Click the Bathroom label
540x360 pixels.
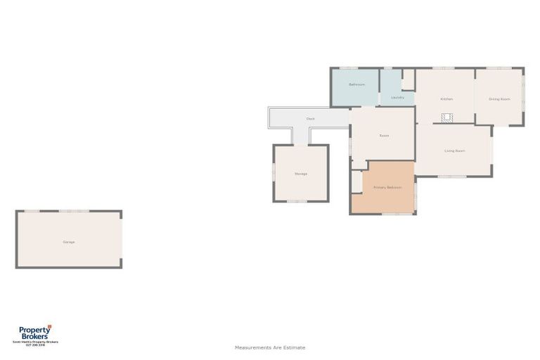tap(356, 85)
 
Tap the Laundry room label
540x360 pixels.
tap(397, 98)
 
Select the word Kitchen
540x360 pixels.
tap(446, 99)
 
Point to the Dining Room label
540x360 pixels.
tap(499, 99)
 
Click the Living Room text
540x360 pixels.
tap(454, 150)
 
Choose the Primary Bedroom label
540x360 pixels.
tap(387, 188)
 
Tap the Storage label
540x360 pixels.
tap(300, 174)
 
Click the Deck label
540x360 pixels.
tap(310, 119)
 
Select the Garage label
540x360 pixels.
tap(69, 242)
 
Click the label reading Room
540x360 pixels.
tap(384, 136)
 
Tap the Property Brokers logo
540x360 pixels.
tap(34, 332)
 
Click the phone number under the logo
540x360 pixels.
tap(34, 345)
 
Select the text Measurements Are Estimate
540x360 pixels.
tap(270, 347)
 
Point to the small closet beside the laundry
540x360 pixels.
tap(408, 79)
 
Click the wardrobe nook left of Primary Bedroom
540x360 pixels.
tap(356, 181)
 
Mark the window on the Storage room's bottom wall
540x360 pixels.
tap(297, 202)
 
